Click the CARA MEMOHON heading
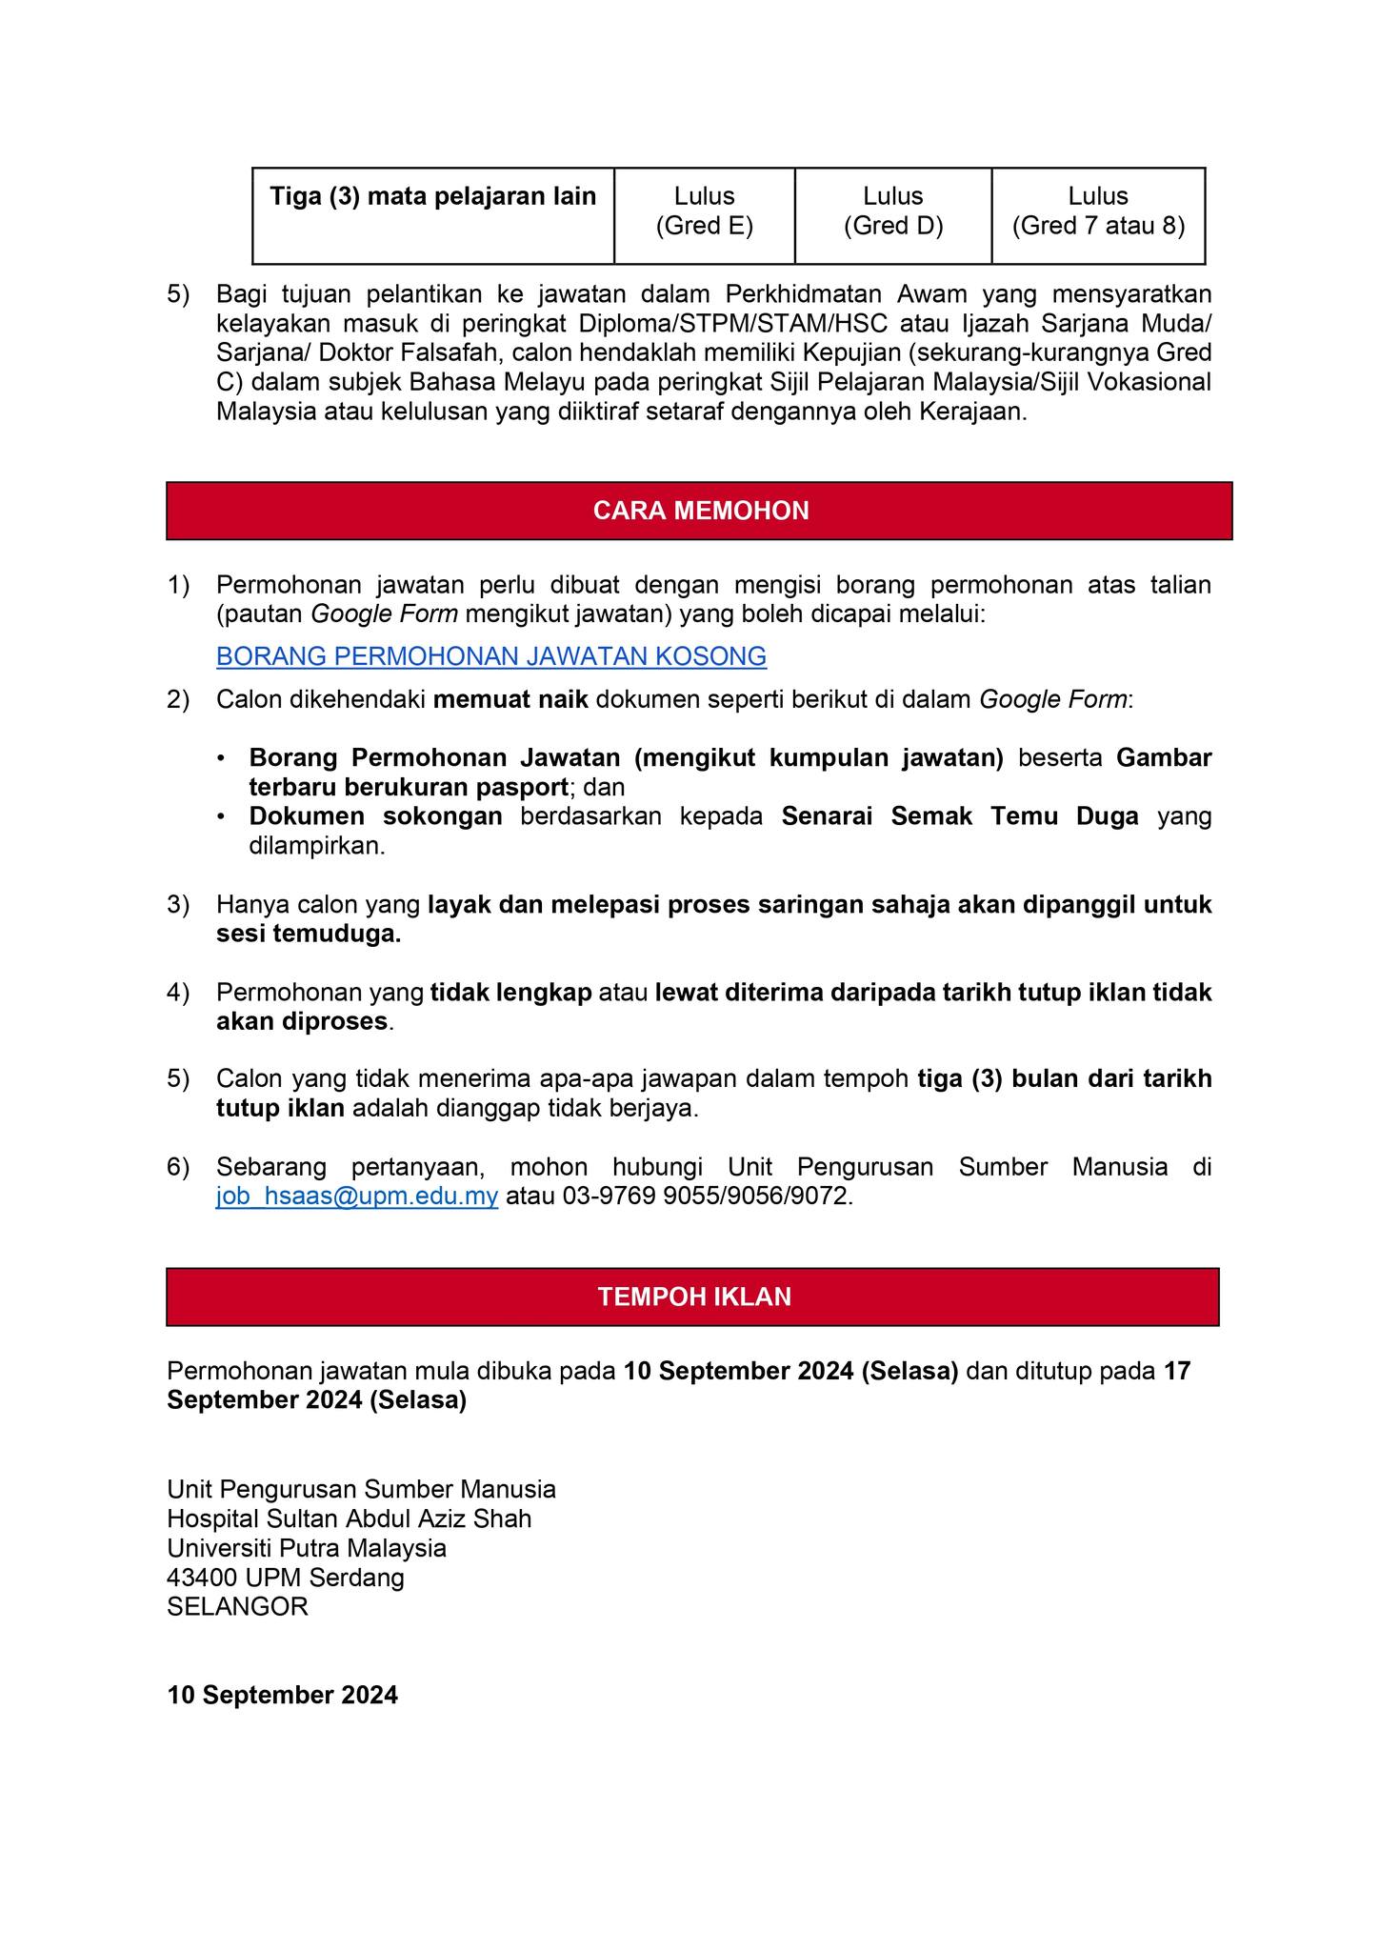click(700, 511)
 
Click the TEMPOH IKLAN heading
click(694, 1297)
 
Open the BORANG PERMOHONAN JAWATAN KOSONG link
click(490, 656)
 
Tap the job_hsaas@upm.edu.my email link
click(357, 1197)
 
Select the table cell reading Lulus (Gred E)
click(704, 211)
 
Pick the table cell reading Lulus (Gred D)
click(892, 211)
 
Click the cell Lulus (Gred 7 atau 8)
click(1097, 211)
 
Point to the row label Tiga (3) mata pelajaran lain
click(432, 197)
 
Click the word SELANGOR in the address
click(237, 1607)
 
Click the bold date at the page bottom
click(282, 1696)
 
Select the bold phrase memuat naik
click(510, 700)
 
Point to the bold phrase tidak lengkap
click(511, 993)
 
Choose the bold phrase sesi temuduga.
click(309, 935)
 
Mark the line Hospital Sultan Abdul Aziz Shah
click(349, 1519)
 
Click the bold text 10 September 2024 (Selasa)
click(790, 1371)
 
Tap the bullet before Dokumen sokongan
click(222, 817)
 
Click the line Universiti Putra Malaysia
click(306, 1548)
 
